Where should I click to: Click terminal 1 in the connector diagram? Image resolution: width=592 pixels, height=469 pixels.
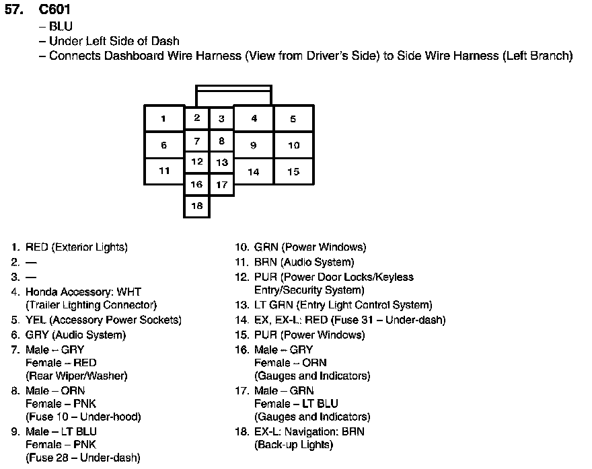click(x=164, y=119)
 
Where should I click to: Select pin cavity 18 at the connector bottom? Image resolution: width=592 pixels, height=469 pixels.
click(x=196, y=206)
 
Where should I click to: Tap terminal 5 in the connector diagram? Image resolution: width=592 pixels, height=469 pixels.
click(x=293, y=119)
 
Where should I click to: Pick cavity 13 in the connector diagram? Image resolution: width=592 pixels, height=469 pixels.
click(x=221, y=163)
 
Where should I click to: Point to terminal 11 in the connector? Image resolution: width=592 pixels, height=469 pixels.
click(x=164, y=171)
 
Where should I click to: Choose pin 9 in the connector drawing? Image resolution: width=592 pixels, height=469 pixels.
click(x=253, y=145)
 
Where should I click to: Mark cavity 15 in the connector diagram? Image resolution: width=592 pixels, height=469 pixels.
click(x=293, y=171)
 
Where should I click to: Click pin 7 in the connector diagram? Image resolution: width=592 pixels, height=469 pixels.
click(x=196, y=141)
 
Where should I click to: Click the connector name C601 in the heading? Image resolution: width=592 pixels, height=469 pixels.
click(x=54, y=9)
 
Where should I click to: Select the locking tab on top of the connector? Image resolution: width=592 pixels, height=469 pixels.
click(x=233, y=94)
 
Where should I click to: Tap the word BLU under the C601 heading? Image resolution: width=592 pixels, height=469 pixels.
click(x=61, y=27)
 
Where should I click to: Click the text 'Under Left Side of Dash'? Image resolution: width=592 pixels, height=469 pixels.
click(x=114, y=41)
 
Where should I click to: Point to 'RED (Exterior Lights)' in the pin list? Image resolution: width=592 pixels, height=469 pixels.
click(x=76, y=247)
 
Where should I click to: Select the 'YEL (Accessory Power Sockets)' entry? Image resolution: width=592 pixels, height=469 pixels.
click(x=103, y=320)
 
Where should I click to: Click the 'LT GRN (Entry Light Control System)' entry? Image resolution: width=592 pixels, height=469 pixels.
click(x=343, y=305)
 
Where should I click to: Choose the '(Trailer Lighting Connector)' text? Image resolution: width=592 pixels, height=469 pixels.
click(x=91, y=305)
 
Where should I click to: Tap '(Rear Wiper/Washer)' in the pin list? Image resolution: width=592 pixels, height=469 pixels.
click(x=76, y=376)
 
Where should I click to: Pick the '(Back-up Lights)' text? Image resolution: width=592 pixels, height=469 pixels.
click(x=293, y=444)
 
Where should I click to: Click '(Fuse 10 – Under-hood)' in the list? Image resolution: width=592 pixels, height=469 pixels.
click(x=83, y=417)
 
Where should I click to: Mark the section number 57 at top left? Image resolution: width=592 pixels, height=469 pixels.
click(x=13, y=9)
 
